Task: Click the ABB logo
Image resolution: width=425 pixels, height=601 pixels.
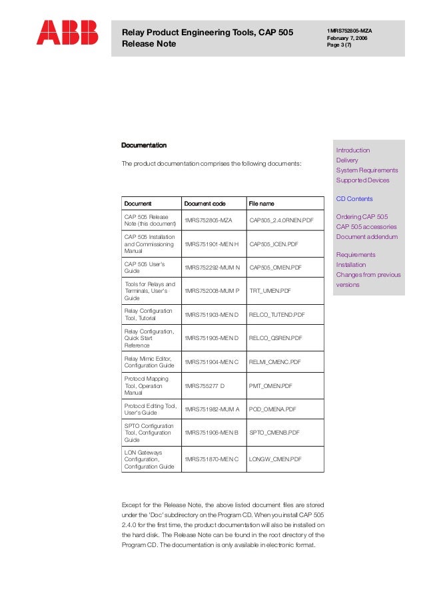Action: pyautogui.click(x=67, y=33)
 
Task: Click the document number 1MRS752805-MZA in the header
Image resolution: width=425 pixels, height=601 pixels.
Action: pyautogui.click(x=349, y=31)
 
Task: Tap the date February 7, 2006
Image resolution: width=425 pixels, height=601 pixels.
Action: pyautogui.click(x=346, y=39)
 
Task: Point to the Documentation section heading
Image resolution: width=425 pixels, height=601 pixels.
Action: pyautogui.click(x=143, y=145)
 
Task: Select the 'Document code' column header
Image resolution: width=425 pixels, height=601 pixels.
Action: pyautogui.click(x=205, y=203)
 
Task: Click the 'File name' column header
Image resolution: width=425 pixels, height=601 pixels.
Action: pyautogui.click(x=261, y=203)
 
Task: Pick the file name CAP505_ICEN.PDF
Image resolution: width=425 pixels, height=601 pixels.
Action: pyautogui.click(x=273, y=244)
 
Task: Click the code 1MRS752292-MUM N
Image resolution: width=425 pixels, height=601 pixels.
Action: pyautogui.click(x=212, y=267)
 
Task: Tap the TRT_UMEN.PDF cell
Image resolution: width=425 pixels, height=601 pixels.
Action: pyautogui.click(x=270, y=290)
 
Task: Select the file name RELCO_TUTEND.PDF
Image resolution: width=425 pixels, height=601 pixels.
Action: pyautogui.click(x=276, y=314)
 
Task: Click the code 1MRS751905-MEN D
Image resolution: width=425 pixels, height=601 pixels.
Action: pyautogui.click(x=211, y=338)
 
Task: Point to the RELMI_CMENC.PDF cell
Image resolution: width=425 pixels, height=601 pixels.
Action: pyautogui.click(x=275, y=361)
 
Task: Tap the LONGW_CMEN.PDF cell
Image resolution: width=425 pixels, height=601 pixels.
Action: pyautogui.click(x=275, y=459)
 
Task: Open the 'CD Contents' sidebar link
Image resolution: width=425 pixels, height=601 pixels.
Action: pyautogui.click(x=354, y=199)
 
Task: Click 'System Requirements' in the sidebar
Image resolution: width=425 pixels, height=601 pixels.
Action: pyautogui.click(x=367, y=170)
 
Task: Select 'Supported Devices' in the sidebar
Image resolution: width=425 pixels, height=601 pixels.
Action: pyautogui.click(x=362, y=180)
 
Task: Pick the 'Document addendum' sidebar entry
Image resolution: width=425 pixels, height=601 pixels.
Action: pyautogui.click(x=366, y=237)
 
